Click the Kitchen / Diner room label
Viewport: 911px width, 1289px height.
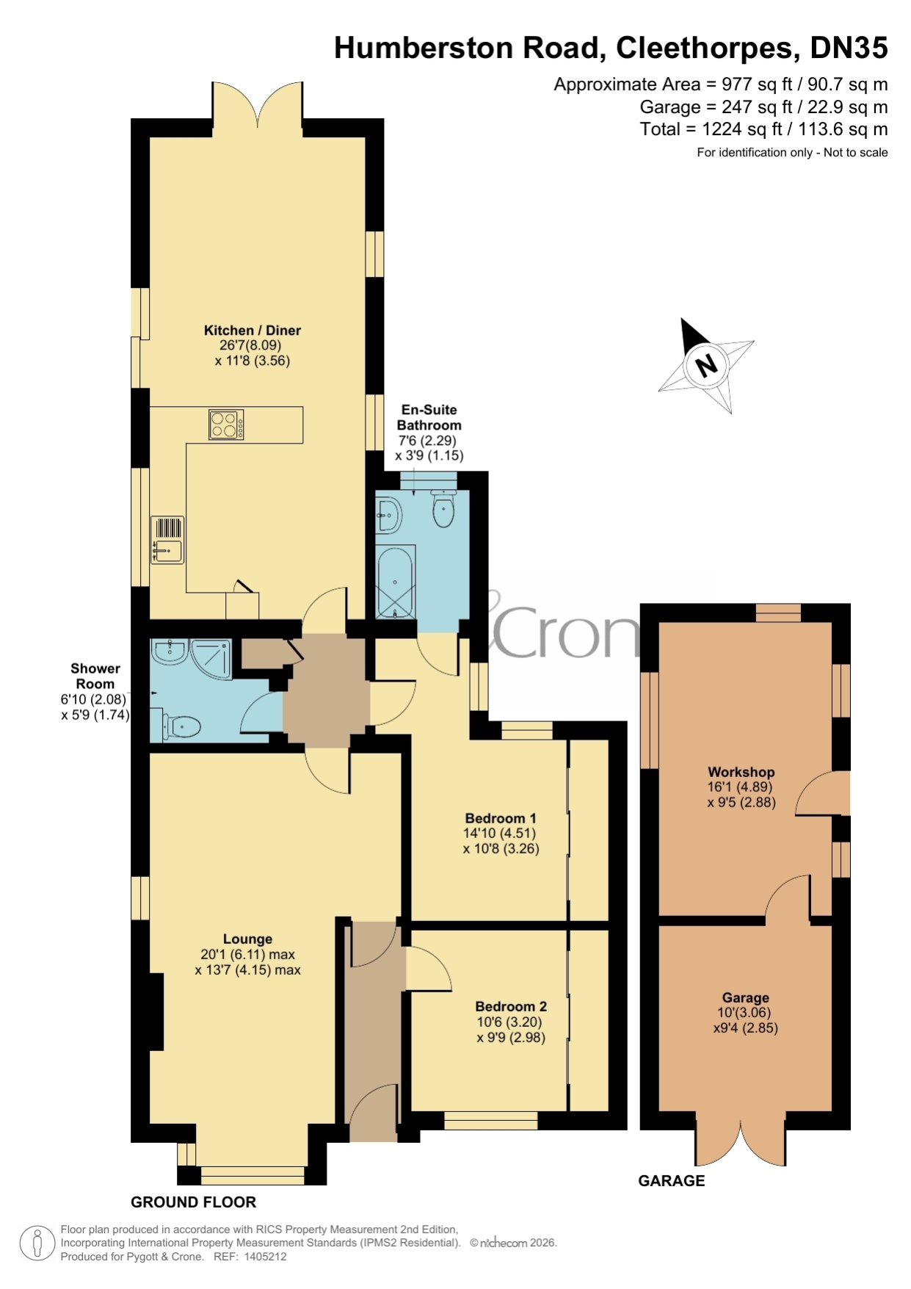pyautogui.click(x=253, y=331)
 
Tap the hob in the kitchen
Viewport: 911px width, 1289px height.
pyautogui.click(x=226, y=425)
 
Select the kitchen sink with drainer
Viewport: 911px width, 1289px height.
pyautogui.click(x=167, y=540)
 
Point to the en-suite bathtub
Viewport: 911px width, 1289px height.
pyautogui.click(x=395, y=582)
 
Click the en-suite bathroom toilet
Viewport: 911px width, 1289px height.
pyautogui.click(x=443, y=508)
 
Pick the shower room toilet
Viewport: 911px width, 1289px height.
pyautogui.click(x=177, y=727)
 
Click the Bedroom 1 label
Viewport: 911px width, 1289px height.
pyautogui.click(x=501, y=818)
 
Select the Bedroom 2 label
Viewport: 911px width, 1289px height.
pyautogui.click(x=511, y=1006)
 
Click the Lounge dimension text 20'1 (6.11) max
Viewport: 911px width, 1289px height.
pyautogui.click(x=247, y=955)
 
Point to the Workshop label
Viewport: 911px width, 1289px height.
pyautogui.click(x=741, y=772)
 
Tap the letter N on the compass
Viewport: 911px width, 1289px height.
pyautogui.click(x=706, y=364)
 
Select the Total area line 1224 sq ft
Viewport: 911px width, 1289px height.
pyautogui.click(x=763, y=129)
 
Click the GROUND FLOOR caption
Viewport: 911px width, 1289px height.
pyautogui.click(x=193, y=1202)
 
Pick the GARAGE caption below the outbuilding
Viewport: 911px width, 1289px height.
pyautogui.click(x=672, y=1181)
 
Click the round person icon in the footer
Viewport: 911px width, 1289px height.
pyautogui.click(x=37, y=1243)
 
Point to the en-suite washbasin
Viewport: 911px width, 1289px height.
pyautogui.click(x=388, y=514)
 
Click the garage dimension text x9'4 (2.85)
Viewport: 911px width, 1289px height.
pyautogui.click(x=745, y=1028)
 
